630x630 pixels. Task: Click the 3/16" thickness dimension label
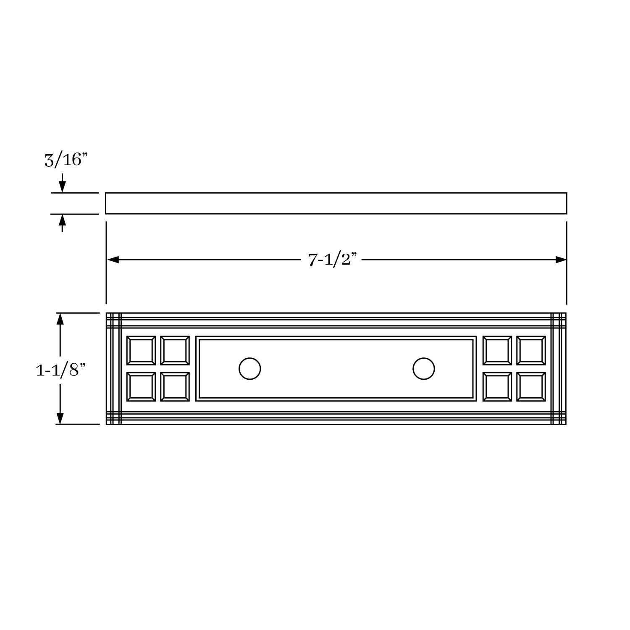(x=66, y=160)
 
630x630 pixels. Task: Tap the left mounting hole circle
(x=249, y=369)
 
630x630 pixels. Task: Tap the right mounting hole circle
(x=423, y=369)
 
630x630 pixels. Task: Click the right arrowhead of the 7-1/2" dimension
(x=560, y=260)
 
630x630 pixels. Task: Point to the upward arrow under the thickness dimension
(x=62, y=220)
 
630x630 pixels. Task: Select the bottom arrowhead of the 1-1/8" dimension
(x=60, y=418)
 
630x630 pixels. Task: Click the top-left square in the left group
(x=141, y=350)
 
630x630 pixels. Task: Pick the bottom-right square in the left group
(x=175, y=387)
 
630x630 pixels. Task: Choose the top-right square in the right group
(x=531, y=350)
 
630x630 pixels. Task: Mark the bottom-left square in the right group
(x=497, y=387)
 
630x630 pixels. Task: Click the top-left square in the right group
(x=497, y=350)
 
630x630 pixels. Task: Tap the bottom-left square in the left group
(x=141, y=387)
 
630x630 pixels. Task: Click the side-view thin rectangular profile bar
(x=336, y=203)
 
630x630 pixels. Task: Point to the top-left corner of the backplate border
(x=107, y=313)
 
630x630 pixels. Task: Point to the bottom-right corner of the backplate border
(x=565, y=424)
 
